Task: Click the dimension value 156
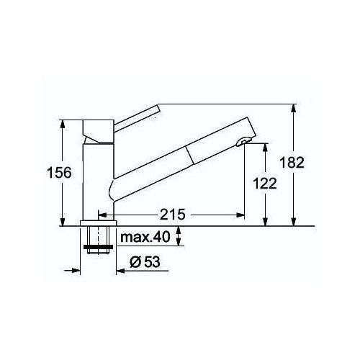(x=60, y=173)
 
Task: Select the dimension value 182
(x=292, y=163)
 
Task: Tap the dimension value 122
(x=265, y=184)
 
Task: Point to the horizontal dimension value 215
(x=173, y=215)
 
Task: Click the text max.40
(x=145, y=237)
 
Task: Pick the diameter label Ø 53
(x=145, y=261)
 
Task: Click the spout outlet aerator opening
(x=243, y=142)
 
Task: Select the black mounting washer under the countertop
(x=98, y=247)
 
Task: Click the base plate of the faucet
(x=98, y=223)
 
